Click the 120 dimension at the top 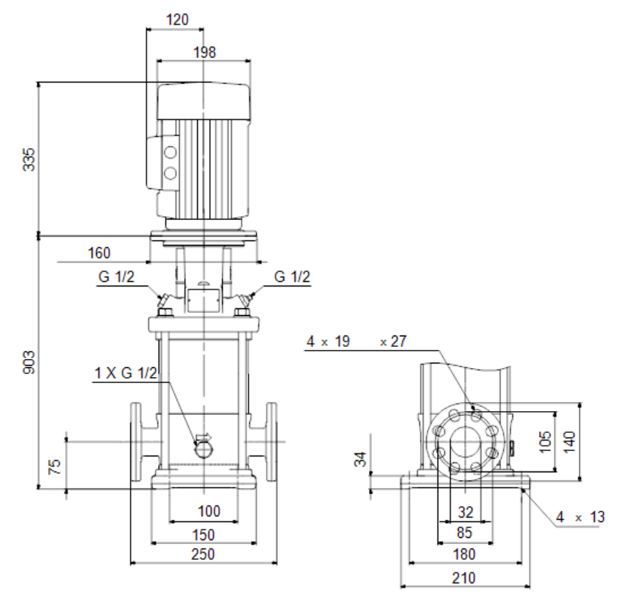[178, 20]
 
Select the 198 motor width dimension [204, 52]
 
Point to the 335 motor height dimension [29, 159]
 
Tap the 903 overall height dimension [29, 362]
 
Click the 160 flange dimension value [99, 253]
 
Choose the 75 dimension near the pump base [54, 466]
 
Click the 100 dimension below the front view [209, 511]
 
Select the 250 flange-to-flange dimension [203, 555]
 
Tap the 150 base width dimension [203, 535]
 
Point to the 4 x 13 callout [580, 517]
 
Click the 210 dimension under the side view [464, 578]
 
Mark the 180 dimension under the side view [464, 555]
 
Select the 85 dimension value [465, 533]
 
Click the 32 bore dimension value [466, 512]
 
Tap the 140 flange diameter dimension [569, 441]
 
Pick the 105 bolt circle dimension [545, 441]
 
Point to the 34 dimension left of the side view [360, 459]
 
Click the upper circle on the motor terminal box [171, 153]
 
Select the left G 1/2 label [116, 277]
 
